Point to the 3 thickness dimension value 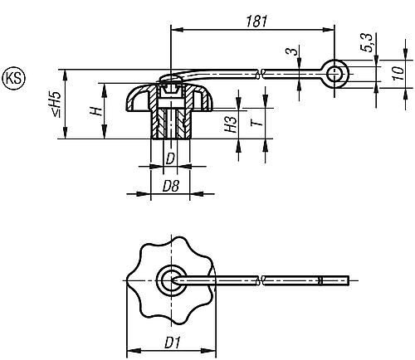[291, 55]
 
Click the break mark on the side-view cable [261, 75]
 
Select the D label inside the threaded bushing [169, 157]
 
